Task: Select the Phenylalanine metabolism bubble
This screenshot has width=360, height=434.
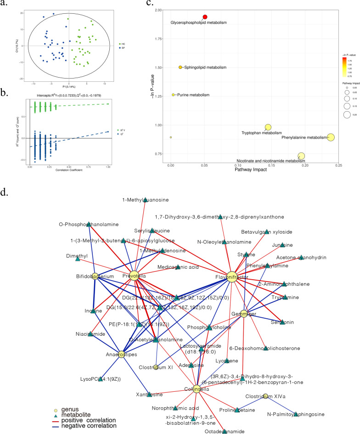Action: pyautogui.click(x=331, y=137)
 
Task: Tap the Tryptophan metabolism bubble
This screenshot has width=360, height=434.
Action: pyautogui.click(x=268, y=127)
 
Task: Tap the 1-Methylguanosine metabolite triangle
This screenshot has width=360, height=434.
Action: pyautogui.click(x=145, y=200)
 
